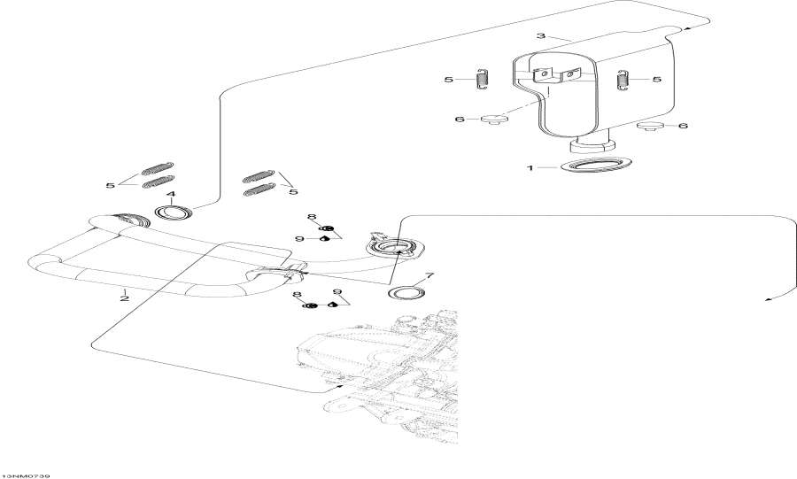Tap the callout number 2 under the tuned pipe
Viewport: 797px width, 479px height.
pos(124,298)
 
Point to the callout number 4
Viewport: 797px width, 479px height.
pos(171,194)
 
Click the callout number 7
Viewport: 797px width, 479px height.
pos(429,276)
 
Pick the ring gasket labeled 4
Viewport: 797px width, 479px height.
pos(174,212)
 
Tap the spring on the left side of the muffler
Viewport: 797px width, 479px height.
pos(483,80)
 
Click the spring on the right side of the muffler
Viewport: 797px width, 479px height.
pos(623,79)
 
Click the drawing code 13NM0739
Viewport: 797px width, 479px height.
pos(26,474)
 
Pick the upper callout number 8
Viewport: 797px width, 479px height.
pos(312,218)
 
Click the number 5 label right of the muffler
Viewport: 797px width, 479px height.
pos(656,79)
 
